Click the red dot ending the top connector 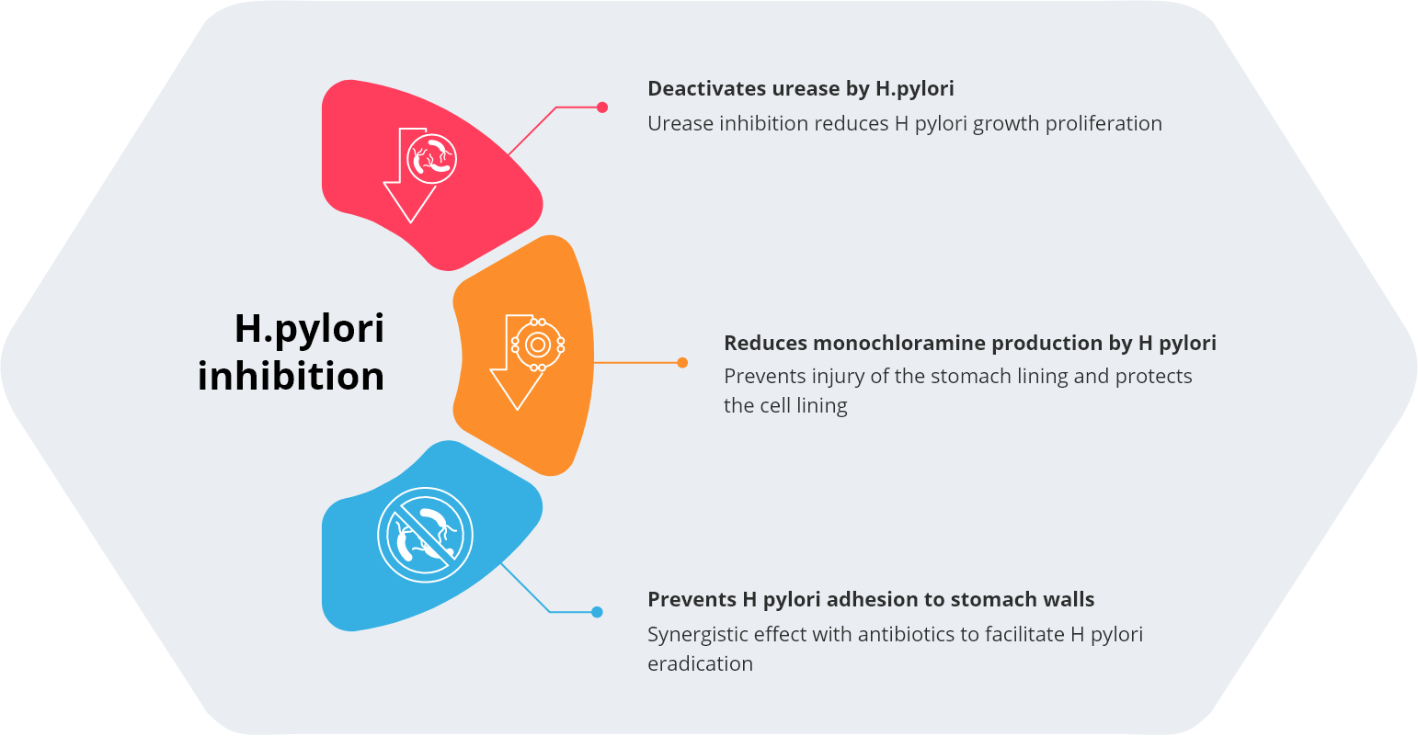coord(602,108)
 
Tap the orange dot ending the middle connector coord(682,363)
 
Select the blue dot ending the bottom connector coord(597,612)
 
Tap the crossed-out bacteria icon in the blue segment coord(425,535)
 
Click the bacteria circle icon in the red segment coord(432,157)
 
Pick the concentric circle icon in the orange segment coord(538,345)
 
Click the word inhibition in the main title coord(291,376)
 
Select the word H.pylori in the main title coord(309,328)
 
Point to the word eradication coord(700,663)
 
